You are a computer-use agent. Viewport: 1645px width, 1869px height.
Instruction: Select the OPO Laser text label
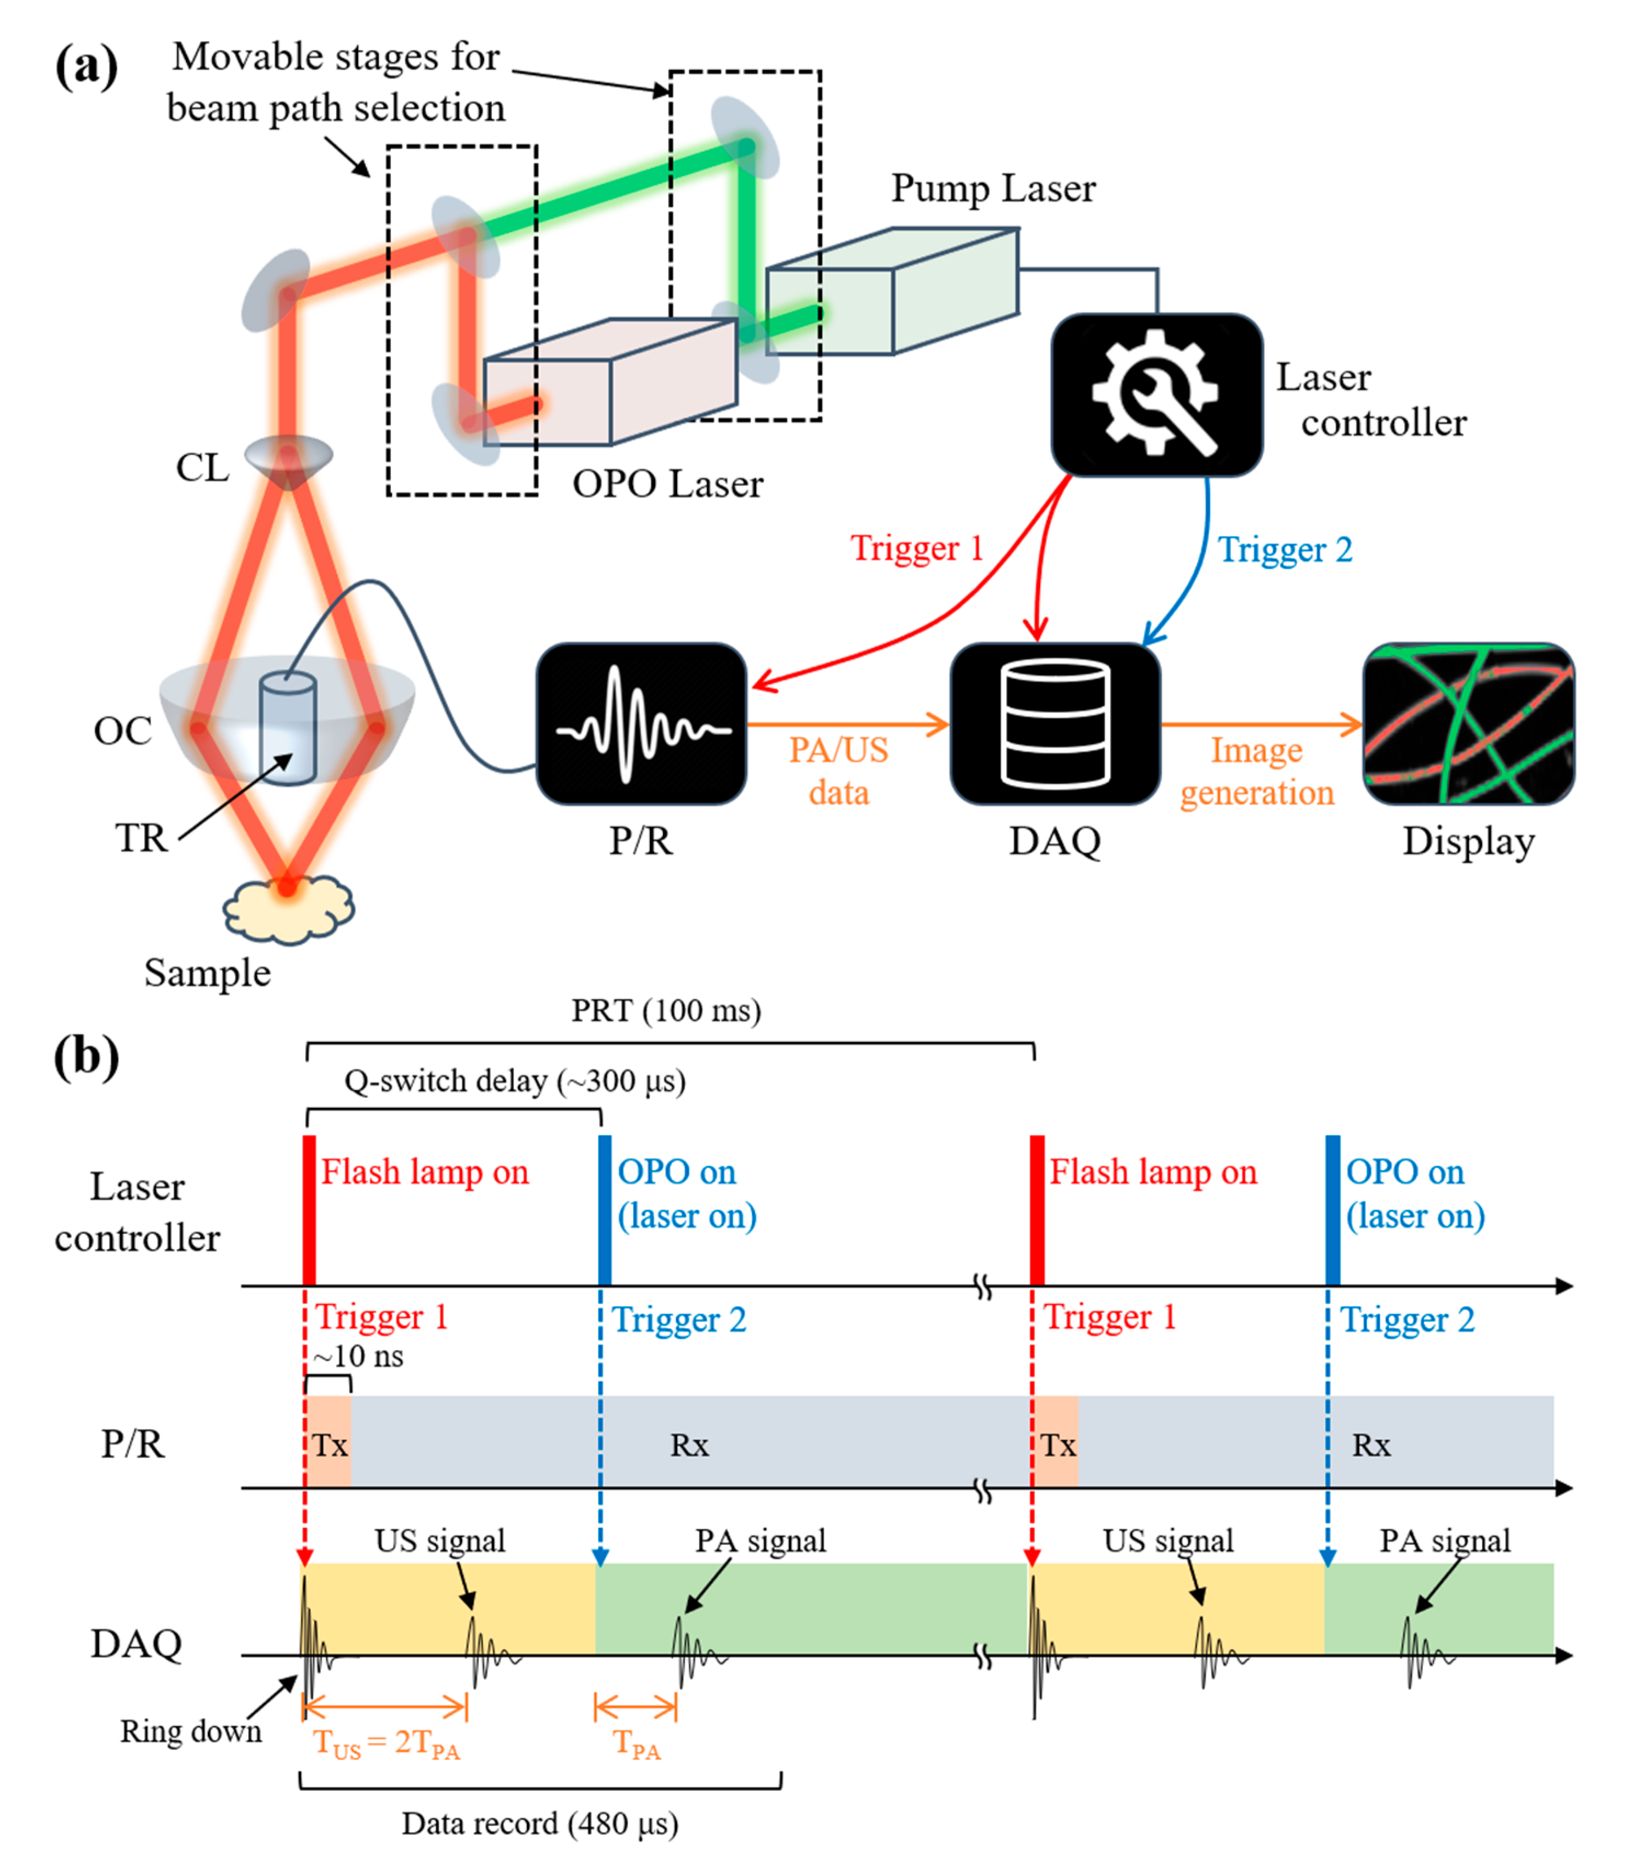pyautogui.click(x=667, y=484)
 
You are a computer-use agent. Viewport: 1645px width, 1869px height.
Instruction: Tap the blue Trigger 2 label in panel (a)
pyautogui.click(x=1285, y=550)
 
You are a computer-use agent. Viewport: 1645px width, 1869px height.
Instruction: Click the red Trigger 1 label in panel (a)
pyautogui.click(x=916, y=548)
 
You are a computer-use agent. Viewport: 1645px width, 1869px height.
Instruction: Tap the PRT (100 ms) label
pyautogui.click(x=666, y=1010)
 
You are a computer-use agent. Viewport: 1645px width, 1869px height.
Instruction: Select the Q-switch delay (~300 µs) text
pyautogui.click(x=515, y=1081)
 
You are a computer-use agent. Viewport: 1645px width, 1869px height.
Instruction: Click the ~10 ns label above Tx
pyautogui.click(x=359, y=1355)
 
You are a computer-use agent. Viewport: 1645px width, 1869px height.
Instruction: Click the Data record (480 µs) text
pyautogui.click(x=540, y=1823)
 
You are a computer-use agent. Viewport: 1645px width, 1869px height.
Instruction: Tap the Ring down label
pyautogui.click(x=191, y=1731)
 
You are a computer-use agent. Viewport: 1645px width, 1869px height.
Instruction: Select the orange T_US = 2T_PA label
pyautogui.click(x=386, y=1744)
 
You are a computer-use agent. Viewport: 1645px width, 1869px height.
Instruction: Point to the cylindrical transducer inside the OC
pyautogui.click(x=288, y=728)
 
